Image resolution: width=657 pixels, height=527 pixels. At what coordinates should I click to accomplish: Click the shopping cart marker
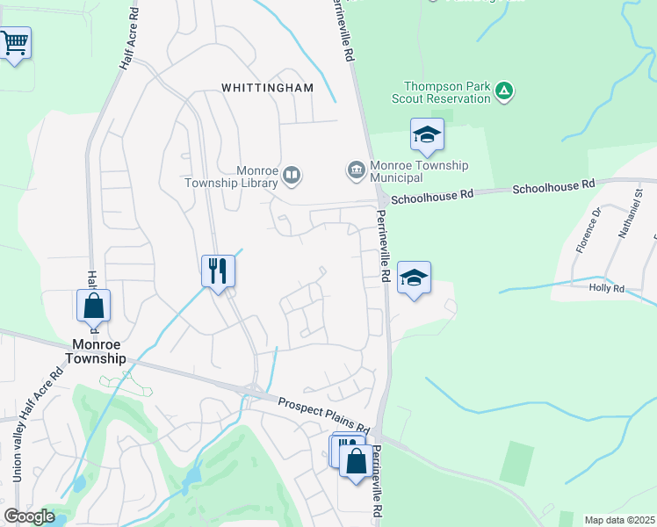click(x=14, y=42)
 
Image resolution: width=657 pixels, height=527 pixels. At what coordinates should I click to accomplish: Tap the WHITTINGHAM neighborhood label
click(x=267, y=88)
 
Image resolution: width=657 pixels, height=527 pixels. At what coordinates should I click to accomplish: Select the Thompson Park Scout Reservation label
click(x=447, y=92)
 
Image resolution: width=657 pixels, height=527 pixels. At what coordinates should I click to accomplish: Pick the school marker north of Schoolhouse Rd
click(x=427, y=134)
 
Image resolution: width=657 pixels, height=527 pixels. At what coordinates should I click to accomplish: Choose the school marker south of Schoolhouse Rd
click(x=414, y=279)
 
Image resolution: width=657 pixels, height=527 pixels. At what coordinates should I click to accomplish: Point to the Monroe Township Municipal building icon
click(x=356, y=168)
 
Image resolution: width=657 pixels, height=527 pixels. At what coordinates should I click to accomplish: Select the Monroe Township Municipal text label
click(x=419, y=171)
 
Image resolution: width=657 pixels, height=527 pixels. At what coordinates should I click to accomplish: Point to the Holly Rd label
click(x=606, y=288)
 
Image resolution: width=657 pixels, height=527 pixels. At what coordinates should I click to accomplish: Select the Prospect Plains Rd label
click(x=323, y=415)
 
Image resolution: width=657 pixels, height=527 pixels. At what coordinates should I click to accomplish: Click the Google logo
click(x=30, y=516)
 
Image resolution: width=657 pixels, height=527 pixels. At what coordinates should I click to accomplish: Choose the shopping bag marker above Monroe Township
click(x=93, y=307)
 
